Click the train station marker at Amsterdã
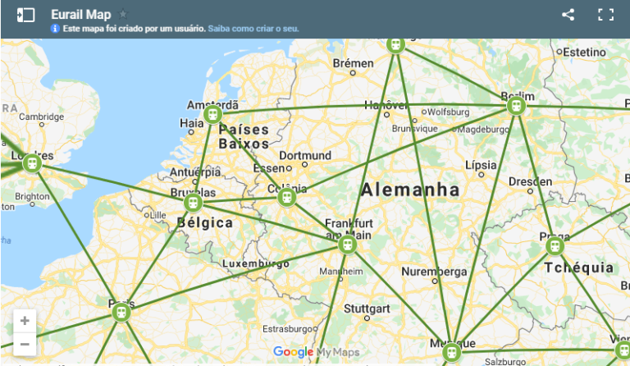[x=213, y=114]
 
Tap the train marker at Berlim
[x=516, y=105]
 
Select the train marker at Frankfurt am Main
[x=348, y=245]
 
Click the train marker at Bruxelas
[x=194, y=202]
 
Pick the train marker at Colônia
[x=286, y=197]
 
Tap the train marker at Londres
[x=32, y=162]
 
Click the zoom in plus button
[x=25, y=321]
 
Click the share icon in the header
[x=568, y=15]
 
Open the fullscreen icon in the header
[x=606, y=15]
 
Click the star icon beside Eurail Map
[x=123, y=14]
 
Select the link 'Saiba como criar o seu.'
[x=253, y=29]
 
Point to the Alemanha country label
[x=410, y=190]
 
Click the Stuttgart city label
[x=367, y=309]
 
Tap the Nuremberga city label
[x=434, y=272]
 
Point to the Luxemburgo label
[x=256, y=263]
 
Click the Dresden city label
[x=524, y=181]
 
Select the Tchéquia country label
[x=579, y=268]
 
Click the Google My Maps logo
[x=316, y=352]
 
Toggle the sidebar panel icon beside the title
[x=25, y=15]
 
